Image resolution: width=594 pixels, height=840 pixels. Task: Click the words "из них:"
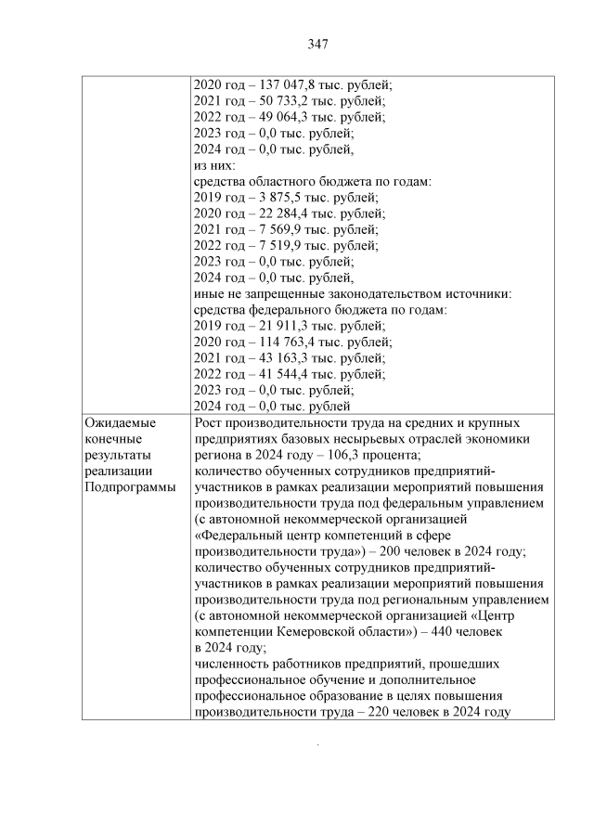[215, 165]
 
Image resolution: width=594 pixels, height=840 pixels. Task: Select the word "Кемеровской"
[319, 631]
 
